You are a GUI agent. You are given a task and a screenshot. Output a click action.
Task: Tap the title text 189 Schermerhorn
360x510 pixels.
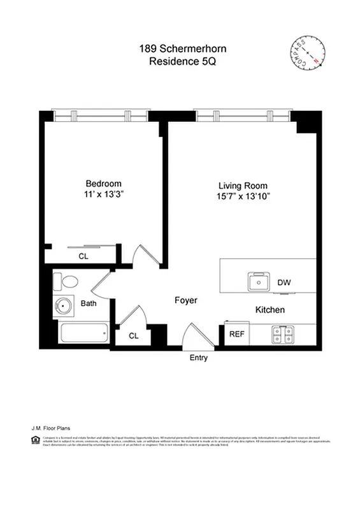click(x=180, y=48)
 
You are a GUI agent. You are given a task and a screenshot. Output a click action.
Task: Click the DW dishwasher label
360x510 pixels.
click(x=284, y=282)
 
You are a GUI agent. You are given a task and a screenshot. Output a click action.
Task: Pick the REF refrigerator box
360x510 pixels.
click(x=236, y=333)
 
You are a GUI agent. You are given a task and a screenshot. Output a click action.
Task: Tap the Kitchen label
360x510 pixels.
click(x=270, y=310)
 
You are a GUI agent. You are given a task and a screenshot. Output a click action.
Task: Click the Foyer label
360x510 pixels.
click(x=186, y=300)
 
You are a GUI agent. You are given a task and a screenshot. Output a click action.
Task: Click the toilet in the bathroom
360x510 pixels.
click(x=66, y=280)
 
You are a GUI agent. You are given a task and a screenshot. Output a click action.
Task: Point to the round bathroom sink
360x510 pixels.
click(x=64, y=307)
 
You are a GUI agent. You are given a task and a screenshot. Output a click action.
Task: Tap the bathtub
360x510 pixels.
click(x=82, y=333)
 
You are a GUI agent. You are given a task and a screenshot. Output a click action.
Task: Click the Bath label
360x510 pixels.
click(x=89, y=303)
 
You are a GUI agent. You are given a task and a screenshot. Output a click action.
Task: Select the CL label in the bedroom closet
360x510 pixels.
click(x=83, y=256)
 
